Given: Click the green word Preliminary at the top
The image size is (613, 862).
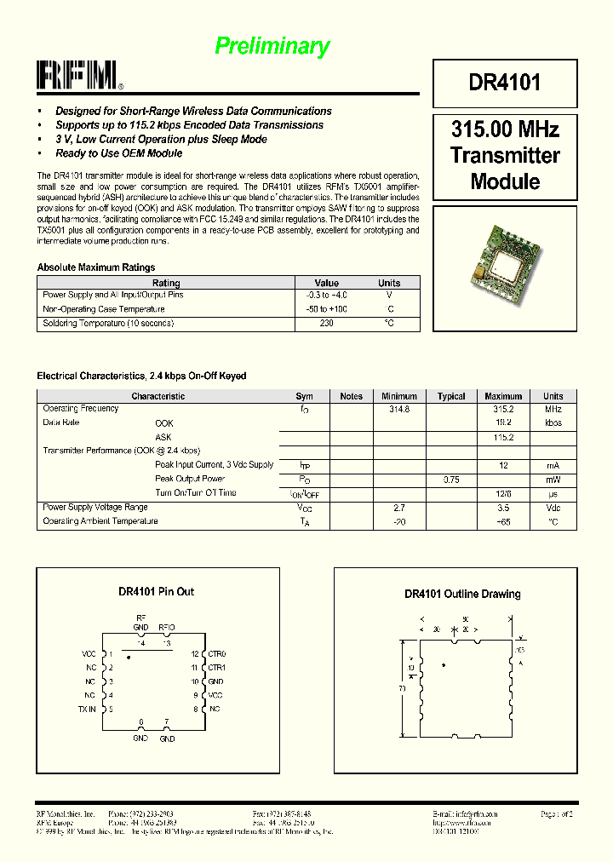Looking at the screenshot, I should (272, 46).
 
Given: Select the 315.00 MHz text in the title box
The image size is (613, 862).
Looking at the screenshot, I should (504, 130).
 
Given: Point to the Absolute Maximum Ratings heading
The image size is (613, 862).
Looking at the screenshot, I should (96, 267).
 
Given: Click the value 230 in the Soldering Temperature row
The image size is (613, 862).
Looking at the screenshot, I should (326, 324).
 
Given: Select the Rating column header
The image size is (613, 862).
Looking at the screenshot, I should (166, 283).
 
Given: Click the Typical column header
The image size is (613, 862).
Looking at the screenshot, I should (451, 396).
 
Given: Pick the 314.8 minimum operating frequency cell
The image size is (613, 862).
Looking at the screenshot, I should (399, 410).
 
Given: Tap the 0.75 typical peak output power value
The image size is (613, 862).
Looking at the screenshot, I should (451, 480).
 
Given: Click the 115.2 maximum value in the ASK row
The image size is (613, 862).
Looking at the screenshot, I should (503, 437).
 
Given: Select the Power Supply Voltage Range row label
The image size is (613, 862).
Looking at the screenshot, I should (95, 508).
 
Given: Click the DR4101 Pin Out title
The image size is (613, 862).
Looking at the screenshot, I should (156, 591).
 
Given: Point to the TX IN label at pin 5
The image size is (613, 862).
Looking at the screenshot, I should (88, 709).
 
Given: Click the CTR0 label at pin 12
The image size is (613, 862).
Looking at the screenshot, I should (217, 653).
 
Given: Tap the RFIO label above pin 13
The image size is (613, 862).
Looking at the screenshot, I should (167, 627).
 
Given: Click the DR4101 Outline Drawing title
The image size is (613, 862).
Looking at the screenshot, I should (462, 595).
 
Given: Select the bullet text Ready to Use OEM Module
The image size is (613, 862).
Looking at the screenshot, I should (118, 153).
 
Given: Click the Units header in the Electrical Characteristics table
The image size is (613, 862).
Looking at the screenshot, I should (553, 396).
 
